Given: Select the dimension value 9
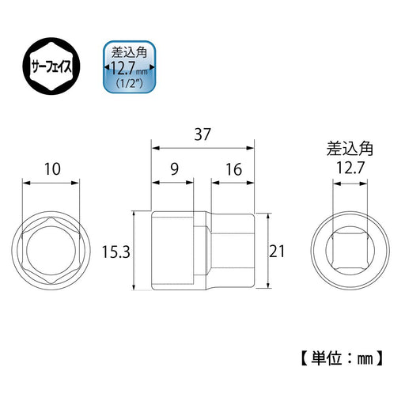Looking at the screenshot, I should click(x=172, y=168).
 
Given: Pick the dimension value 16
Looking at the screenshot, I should click(x=233, y=168).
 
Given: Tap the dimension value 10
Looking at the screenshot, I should click(x=52, y=168).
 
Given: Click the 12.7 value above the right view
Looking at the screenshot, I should click(x=349, y=168).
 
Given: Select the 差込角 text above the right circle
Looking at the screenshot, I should click(x=349, y=148).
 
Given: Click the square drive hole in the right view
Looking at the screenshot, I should click(x=349, y=251).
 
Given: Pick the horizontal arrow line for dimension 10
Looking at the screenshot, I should click(x=52, y=183).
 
